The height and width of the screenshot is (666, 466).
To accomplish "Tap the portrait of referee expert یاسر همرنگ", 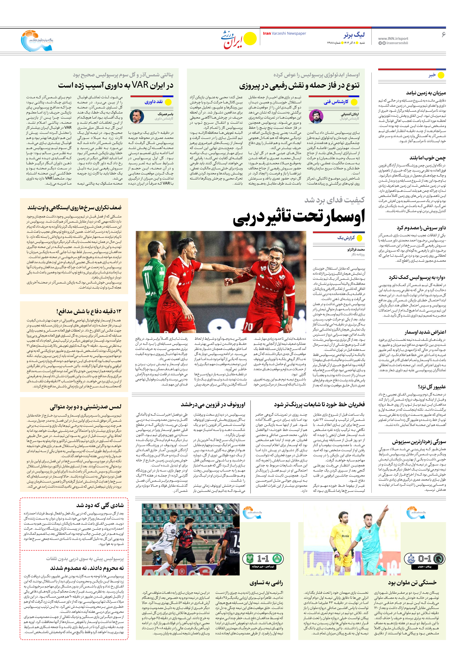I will click(137, 116).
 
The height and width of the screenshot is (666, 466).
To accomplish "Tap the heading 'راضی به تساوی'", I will click(266, 583).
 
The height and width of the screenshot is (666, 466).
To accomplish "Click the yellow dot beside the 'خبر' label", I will click(441, 75).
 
